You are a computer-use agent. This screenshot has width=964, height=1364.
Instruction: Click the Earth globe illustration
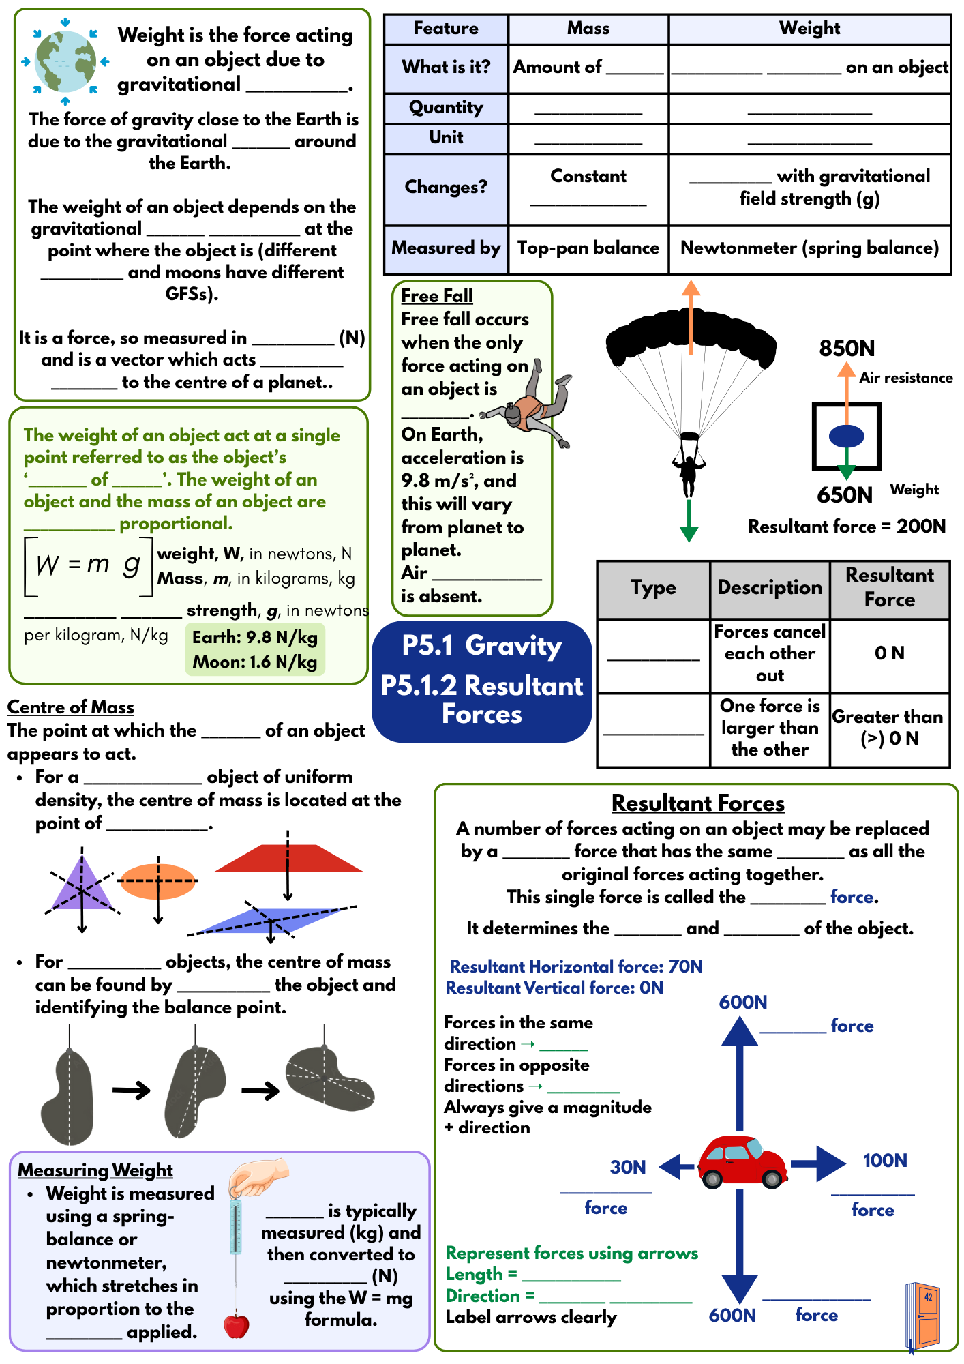coord(65,61)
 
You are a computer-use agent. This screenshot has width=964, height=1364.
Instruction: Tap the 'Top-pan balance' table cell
coord(588,248)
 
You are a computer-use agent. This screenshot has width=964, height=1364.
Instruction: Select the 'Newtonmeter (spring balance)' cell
coord(809,248)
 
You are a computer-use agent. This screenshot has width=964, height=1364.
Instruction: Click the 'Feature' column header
coord(446,29)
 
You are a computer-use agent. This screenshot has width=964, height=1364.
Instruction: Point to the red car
coord(742,1161)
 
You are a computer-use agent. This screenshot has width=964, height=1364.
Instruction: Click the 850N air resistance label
coord(847,349)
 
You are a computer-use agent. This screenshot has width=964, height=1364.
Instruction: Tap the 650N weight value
coord(845,495)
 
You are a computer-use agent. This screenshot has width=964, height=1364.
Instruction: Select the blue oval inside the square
coord(846,436)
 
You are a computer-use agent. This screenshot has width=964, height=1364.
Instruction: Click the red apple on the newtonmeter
coord(237,1324)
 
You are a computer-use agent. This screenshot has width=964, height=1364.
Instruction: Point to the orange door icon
coord(924,1314)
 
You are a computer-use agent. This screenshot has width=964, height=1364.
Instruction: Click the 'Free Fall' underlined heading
coord(436,296)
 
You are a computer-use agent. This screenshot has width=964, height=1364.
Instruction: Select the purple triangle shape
coord(81,885)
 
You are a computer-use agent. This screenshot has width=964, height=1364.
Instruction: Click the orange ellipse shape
coord(157,881)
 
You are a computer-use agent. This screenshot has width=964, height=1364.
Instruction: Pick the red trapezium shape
coord(288,859)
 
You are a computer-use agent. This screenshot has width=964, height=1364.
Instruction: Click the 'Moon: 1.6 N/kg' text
coord(254,662)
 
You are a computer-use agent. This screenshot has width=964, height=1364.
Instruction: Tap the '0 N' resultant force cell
coord(889,653)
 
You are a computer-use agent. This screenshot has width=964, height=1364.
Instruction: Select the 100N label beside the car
coord(884,1161)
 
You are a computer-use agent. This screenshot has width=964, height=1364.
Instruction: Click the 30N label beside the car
coord(628,1167)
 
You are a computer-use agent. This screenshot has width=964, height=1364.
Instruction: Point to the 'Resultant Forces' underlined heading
coord(697,803)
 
